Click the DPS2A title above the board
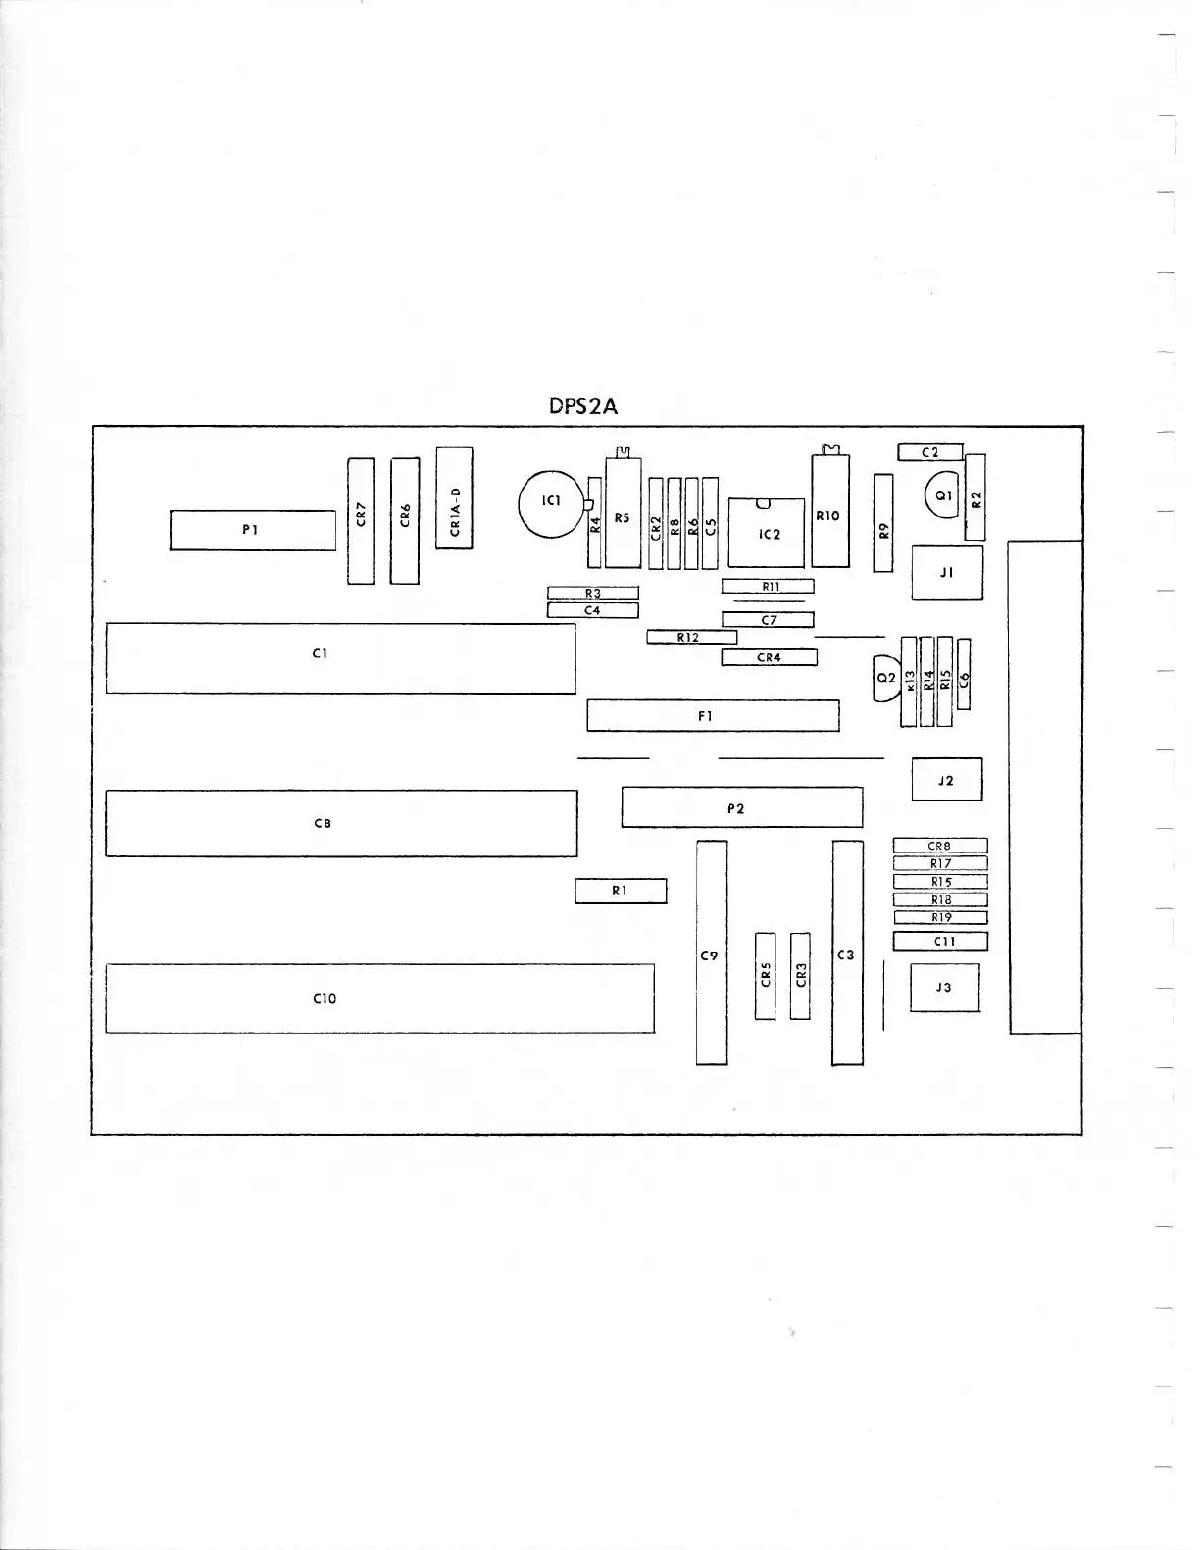click(583, 406)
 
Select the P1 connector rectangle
click(252, 530)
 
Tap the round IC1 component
click(550, 503)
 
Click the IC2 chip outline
click(767, 533)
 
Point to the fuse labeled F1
click(713, 715)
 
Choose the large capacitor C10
click(379, 998)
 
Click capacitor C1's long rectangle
click(340, 657)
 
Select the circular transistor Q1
click(942, 496)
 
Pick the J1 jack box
click(946, 573)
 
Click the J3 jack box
click(944, 988)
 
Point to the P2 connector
click(741, 807)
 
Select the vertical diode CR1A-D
click(454, 498)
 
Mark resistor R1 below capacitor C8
click(621, 891)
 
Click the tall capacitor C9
click(712, 953)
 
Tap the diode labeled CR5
click(766, 975)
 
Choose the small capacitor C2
click(929, 452)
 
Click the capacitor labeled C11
click(939, 941)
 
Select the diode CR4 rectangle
click(769, 657)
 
